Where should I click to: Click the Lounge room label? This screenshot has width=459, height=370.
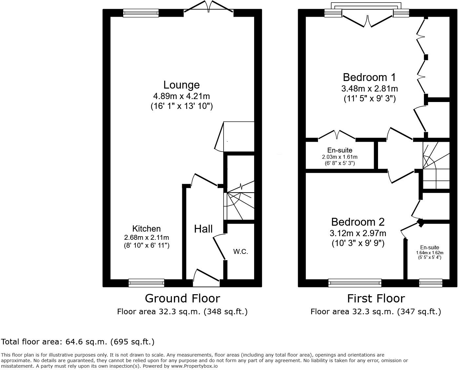click(181, 85)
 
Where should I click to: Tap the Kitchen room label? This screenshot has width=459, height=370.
click(146, 229)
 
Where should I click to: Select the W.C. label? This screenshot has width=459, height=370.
click(240, 252)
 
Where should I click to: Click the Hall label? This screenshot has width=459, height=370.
click(203, 229)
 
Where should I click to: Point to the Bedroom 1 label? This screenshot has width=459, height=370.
click(369, 77)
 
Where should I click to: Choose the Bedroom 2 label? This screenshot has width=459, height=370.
click(358, 222)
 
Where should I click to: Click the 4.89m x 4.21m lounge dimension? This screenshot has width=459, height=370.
click(181, 96)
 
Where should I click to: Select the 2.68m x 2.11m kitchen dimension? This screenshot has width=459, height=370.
click(146, 237)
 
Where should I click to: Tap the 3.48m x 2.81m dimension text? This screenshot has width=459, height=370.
click(369, 89)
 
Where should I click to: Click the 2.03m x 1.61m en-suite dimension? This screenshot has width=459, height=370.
click(340, 157)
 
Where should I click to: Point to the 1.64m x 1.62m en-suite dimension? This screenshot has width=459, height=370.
click(429, 253)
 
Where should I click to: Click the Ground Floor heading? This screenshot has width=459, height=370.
click(182, 298)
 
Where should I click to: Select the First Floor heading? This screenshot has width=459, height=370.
click(376, 298)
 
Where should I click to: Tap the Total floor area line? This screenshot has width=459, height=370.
click(78, 342)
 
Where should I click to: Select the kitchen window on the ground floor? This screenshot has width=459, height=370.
click(146, 282)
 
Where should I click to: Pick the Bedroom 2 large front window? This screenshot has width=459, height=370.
click(355, 282)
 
